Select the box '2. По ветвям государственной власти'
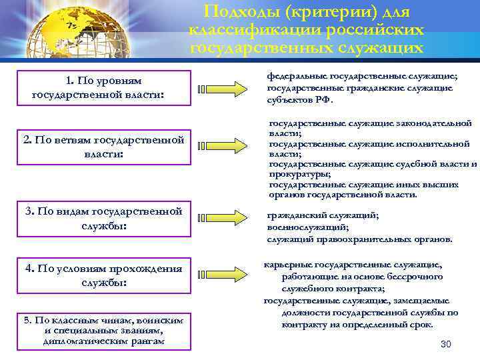coord(103,147)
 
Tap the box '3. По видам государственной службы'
coord(103,219)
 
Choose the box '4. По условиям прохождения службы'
coord(103,275)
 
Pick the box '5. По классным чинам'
coord(103,331)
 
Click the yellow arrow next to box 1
coord(223,89)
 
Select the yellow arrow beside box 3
coord(223,219)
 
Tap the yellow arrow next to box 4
coord(223,276)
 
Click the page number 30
coord(446,344)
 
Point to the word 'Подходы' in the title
coord(236,13)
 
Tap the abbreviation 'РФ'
coord(323,99)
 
